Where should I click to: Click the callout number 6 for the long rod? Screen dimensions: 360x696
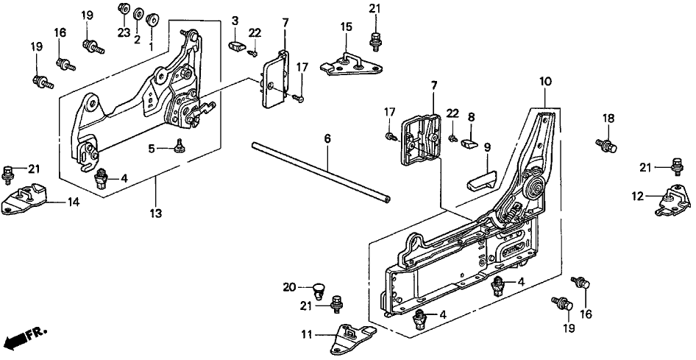pyautogui.click(x=327, y=138)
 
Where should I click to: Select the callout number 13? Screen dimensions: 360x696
pyautogui.click(x=156, y=214)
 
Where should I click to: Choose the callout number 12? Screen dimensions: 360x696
pyautogui.click(x=637, y=196)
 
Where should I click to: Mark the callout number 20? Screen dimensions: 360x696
pyautogui.click(x=290, y=286)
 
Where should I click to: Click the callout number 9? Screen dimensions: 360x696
pyautogui.click(x=486, y=147)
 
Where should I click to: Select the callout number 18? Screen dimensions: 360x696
pyautogui.click(x=608, y=118)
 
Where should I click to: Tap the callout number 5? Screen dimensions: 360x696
pyautogui.click(x=151, y=148)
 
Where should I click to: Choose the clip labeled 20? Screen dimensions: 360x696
pyautogui.click(x=319, y=288)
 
